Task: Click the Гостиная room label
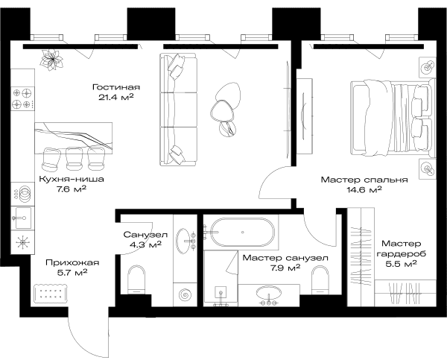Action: click(116, 86)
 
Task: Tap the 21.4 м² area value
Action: click(116, 97)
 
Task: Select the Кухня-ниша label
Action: click(72, 179)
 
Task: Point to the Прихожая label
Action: click(72, 262)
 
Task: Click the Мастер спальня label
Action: click(364, 180)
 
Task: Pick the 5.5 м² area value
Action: click(401, 264)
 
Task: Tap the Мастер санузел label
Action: click(285, 258)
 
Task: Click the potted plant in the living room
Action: click(51, 60)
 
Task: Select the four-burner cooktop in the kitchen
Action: click(22, 98)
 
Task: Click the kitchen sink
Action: click(23, 218)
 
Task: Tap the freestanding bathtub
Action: click(243, 233)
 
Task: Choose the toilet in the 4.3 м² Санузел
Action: click(136, 280)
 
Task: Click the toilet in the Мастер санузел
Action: click(320, 280)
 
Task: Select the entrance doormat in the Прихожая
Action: click(51, 294)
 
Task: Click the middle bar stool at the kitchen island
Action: click(74, 158)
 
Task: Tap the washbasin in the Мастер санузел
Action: click(268, 292)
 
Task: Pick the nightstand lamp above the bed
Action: click(428, 67)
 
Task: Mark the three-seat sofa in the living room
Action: click(178, 110)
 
